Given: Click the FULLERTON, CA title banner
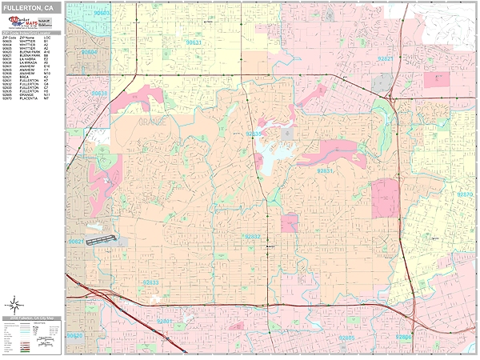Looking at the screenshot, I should tap(32, 7).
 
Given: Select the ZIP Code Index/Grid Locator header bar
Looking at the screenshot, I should tap(32, 34).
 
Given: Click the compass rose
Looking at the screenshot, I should tap(14, 304).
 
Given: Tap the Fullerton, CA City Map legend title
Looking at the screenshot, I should tap(32, 318).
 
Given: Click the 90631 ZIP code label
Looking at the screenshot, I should tap(194, 42).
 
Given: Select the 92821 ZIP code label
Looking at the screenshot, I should tap(386, 58).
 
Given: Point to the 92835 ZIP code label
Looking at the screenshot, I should tap(254, 134).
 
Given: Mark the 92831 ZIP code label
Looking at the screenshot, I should tap(325, 170).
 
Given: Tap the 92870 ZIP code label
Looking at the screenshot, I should tap(465, 194).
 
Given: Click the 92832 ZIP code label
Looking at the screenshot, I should tap(251, 237).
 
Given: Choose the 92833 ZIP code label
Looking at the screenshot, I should tap(150, 282).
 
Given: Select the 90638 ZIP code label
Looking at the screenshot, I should tap(100, 94).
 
